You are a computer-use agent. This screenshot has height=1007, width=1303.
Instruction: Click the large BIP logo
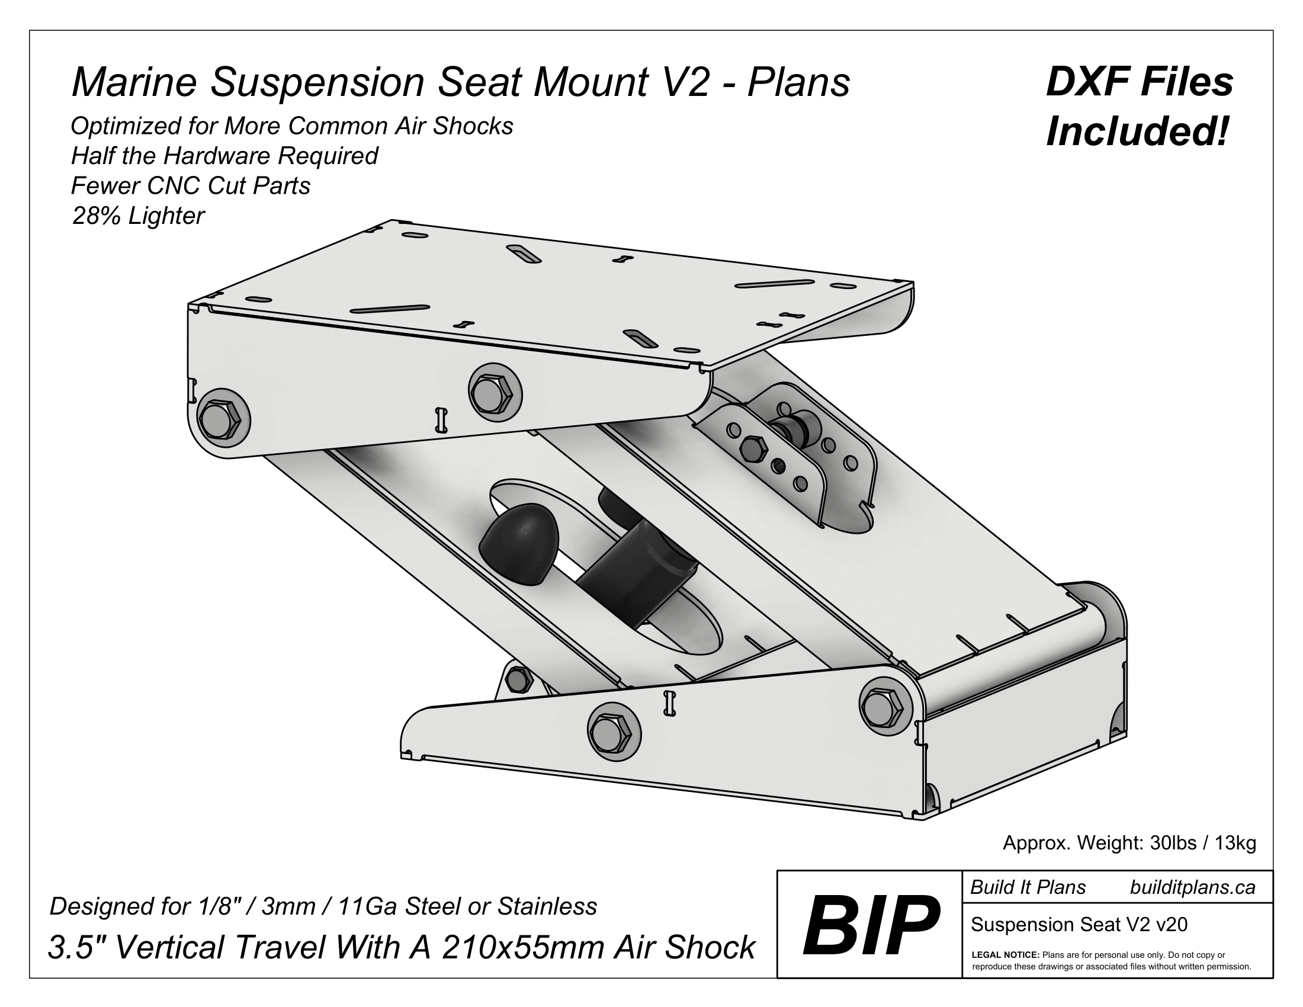(871, 926)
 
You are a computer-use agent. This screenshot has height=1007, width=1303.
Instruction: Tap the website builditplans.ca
(1192, 887)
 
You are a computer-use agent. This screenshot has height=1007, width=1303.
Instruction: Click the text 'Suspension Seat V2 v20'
(1079, 924)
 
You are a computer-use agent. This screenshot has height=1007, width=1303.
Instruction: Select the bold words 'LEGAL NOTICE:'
(1005, 955)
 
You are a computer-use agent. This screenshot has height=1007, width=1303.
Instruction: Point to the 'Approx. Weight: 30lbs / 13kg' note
(1129, 843)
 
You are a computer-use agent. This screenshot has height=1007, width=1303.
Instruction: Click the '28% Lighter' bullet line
(139, 216)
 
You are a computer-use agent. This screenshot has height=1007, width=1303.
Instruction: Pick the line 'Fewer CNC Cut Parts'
(191, 186)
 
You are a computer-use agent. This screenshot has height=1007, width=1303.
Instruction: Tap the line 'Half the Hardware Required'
(224, 156)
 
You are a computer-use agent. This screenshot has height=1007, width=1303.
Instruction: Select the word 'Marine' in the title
(134, 82)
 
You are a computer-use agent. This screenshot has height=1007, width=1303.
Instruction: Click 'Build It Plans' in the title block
(1028, 887)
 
